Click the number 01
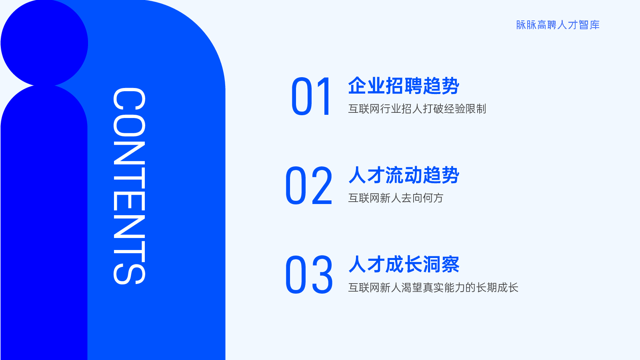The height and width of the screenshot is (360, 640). [311, 96]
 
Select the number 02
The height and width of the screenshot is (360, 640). [308, 186]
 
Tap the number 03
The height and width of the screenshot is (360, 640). [309, 275]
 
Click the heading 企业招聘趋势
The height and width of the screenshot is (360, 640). [404, 86]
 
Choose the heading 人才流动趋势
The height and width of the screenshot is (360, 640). [404, 175]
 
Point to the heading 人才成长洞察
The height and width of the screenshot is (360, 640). [404, 264]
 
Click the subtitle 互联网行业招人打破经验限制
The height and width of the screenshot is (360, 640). [417, 109]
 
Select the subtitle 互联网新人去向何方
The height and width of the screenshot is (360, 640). [396, 198]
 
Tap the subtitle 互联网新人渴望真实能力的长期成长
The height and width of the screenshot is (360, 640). [433, 288]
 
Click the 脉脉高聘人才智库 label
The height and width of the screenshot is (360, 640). [558, 25]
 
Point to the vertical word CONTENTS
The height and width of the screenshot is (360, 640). [130, 186]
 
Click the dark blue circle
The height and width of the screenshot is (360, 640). [44, 43]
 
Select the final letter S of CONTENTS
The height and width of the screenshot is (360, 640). [130, 274]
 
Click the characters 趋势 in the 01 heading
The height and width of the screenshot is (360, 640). [441, 86]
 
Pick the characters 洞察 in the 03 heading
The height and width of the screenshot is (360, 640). [441, 264]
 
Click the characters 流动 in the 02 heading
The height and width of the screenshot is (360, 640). [404, 175]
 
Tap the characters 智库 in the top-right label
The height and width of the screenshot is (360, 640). [589, 25]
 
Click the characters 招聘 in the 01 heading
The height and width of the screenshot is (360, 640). [404, 86]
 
